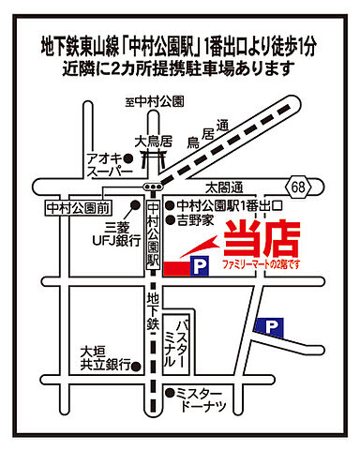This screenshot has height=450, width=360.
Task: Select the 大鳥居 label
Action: (x=153, y=142)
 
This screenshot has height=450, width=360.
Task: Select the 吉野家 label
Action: (x=196, y=221)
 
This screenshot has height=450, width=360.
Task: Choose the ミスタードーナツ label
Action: (x=202, y=399)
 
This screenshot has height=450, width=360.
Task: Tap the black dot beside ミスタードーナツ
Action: (x=170, y=393)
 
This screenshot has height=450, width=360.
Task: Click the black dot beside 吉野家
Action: (x=170, y=221)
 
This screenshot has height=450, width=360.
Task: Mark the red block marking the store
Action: (x=175, y=268)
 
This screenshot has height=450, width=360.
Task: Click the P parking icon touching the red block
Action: (x=199, y=267)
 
